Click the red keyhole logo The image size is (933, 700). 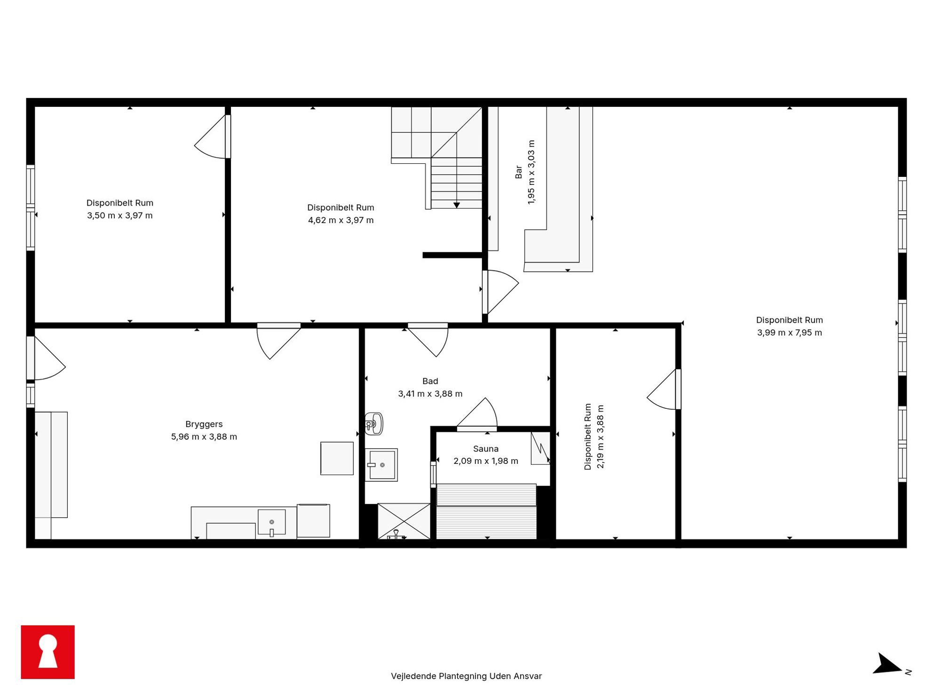tap(47, 652)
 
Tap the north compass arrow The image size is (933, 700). tap(887, 664)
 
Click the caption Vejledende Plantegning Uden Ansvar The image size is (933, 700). tap(466, 676)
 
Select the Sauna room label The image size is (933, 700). tap(486, 449)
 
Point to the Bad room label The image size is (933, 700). tap(430, 381)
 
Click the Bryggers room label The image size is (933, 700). tap(204, 424)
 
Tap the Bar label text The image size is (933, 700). tap(519, 172)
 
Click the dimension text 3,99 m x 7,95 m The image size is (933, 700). tap(790, 333)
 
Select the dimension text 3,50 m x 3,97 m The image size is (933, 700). tap(120, 215)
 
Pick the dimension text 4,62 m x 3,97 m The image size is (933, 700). tap(341, 220)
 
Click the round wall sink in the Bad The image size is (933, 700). tap(374, 424)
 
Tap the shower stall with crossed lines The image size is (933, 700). tap(404, 521)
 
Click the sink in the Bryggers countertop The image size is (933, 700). tap(272, 522)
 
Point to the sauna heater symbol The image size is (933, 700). tap(540, 448)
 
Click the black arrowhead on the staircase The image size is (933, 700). tap(457, 205)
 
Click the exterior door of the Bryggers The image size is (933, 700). tap(46, 358)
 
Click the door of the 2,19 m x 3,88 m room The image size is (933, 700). tap(664, 389)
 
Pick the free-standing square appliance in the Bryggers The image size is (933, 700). tap(337, 458)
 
